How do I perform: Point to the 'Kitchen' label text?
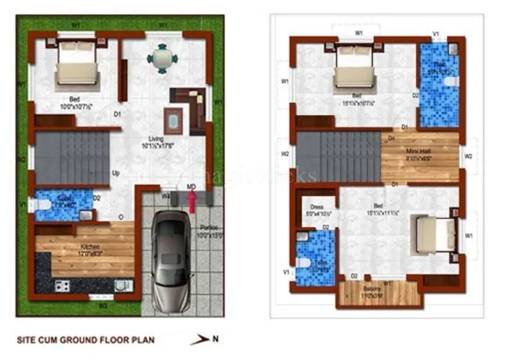coord(89,247)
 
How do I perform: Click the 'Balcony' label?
coord(377,290)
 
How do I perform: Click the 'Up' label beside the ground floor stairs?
coord(116,174)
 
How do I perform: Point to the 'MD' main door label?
coord(191,186)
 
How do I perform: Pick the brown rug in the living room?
coord(173,120)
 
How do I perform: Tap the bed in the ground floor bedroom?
coord(77,67)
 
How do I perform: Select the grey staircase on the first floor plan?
coord(339,156)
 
